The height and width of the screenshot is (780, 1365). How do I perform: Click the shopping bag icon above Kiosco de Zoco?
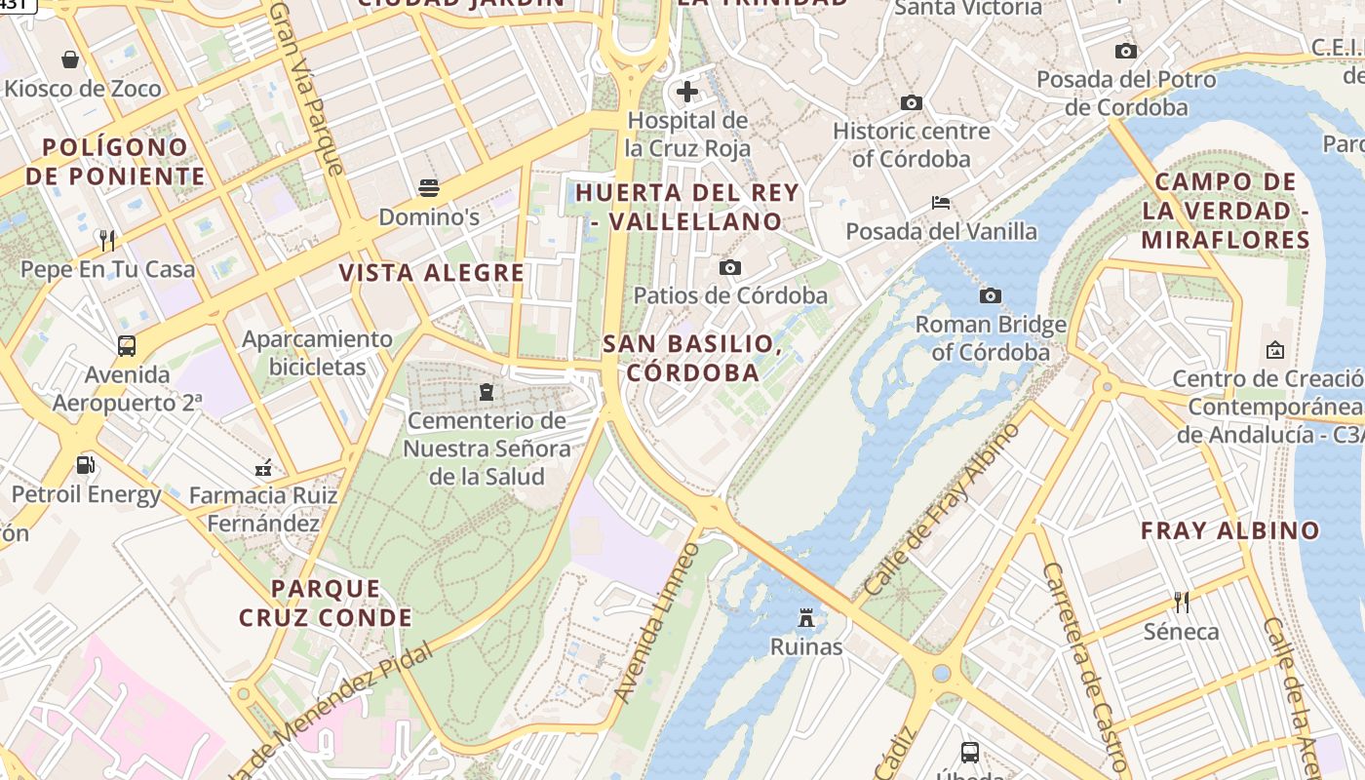coord(70,59)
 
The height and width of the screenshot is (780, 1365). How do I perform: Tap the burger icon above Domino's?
coord(429,187)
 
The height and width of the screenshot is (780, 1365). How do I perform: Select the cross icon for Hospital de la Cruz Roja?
coord(687,92)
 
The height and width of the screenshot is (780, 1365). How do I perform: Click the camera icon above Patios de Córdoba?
coord(729,267)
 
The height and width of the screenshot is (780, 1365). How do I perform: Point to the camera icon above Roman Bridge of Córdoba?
coord(991,295)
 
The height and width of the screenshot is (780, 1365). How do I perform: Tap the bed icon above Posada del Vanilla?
coord(941,203)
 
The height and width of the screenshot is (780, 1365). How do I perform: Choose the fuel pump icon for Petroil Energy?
coord(86,465)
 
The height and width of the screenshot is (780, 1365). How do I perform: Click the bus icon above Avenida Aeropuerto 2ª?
coord(127,345)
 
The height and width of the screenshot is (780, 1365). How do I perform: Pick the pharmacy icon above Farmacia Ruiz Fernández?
coord(262,468)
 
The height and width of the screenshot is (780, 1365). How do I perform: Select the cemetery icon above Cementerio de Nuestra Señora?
coord(486,392)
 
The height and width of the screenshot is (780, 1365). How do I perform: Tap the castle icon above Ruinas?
coord(806,617)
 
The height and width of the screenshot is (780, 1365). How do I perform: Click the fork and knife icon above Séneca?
coord(1182,602)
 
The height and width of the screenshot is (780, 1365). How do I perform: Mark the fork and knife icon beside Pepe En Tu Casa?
coord(107,240)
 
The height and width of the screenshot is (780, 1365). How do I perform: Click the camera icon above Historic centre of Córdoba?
coord(912,102)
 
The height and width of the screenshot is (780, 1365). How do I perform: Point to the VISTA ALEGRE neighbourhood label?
coord(432,273)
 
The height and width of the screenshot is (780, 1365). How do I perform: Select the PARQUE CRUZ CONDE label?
coord(326,603)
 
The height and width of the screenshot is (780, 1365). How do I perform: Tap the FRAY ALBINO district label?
coord(1230,531)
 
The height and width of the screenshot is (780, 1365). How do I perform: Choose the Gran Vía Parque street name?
coord(307,88)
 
